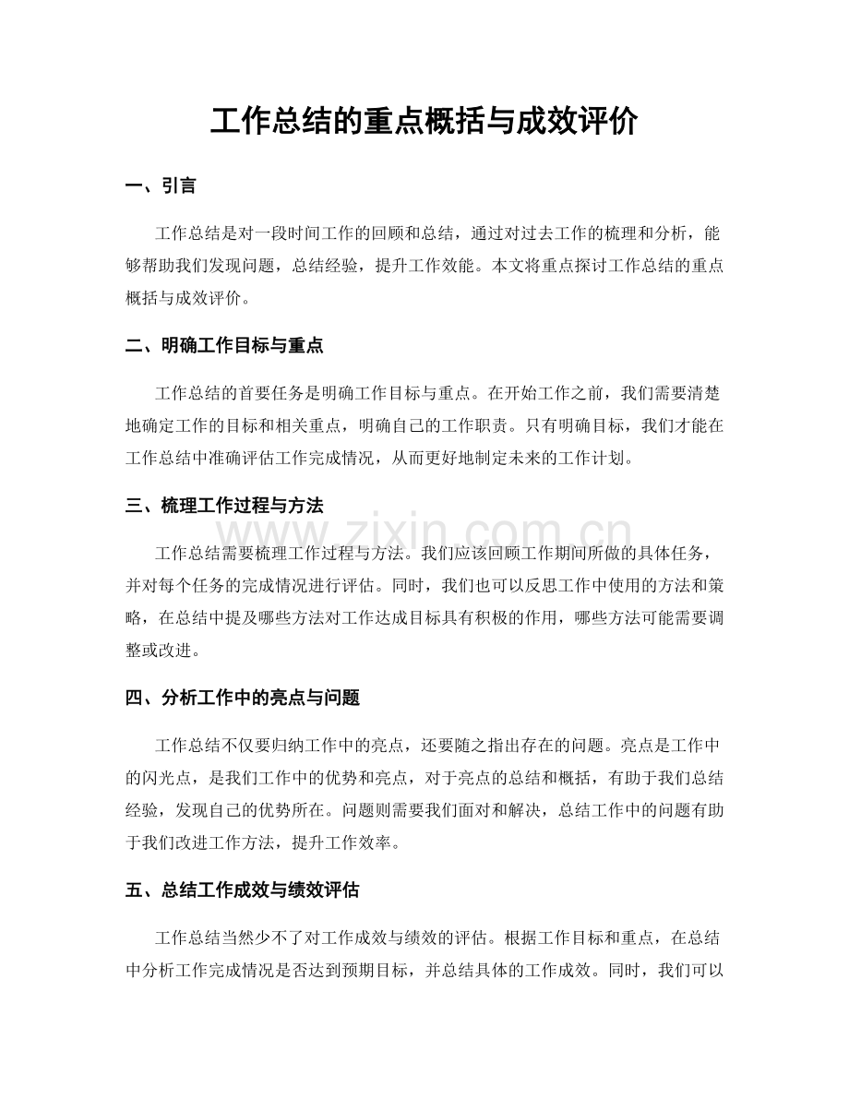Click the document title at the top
pos(424,122)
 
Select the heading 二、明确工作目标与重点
pos(224,346)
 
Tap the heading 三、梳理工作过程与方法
pos(224,506)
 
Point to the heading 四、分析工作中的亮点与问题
pos(242,698)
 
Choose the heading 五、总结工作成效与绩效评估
pos(242,890)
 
